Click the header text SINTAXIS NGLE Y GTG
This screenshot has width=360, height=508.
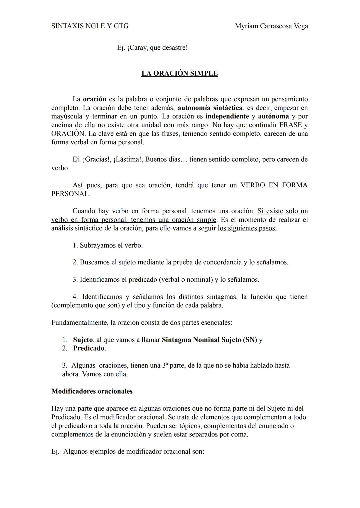click(x=90, y=26)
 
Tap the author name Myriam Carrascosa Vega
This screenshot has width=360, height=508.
click(x=271, y=26)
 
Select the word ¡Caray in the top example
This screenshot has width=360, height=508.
click(x=137, y=48)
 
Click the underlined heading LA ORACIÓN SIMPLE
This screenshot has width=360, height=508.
click(x=179, y=73)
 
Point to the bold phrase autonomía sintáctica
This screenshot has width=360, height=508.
click(x=210, y=108)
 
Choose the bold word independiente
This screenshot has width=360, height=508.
click(x=227, y=116)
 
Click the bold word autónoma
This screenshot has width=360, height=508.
click(x=273, y=116)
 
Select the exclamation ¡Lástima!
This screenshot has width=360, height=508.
click(x=128, y=159)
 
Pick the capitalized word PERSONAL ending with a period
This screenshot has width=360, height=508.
click(x=70, y=194)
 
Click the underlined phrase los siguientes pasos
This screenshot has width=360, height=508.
click(x=247, y=228)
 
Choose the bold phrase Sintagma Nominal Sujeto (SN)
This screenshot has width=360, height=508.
click(x=209, y=340)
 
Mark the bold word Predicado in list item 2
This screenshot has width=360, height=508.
click(x=89, y=348)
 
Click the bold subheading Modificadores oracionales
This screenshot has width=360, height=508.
click(x=92, y=391)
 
